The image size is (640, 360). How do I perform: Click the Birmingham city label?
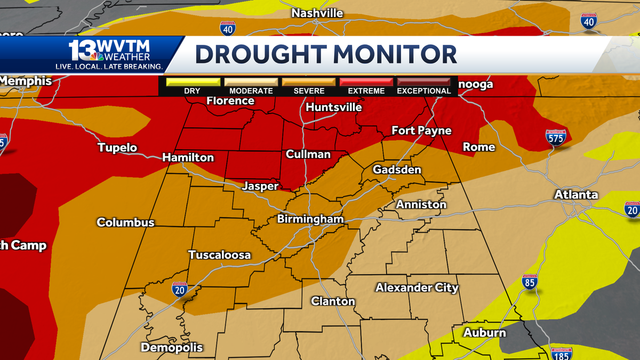[310, 219]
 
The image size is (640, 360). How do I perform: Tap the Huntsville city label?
[334, 107]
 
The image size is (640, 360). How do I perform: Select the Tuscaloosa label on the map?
[219, 255]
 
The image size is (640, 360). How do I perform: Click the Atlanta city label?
[576, 195]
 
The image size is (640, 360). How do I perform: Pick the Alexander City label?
[417, 287]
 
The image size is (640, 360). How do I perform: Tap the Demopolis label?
[172, 347]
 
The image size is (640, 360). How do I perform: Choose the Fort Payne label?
[421, 131]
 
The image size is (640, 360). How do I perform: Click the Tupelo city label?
[117, 148]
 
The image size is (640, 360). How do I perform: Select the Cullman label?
[308, 154]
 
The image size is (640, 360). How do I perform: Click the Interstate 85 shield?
[529, 283]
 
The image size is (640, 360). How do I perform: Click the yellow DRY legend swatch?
[193, 82]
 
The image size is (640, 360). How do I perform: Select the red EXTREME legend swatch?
[366, 82]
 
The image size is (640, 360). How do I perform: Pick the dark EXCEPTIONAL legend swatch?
[424, 82]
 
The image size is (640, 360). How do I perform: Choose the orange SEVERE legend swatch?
[309, 82]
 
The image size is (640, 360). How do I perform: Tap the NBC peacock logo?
[97, 57]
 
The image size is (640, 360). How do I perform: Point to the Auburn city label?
[484, 333]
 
